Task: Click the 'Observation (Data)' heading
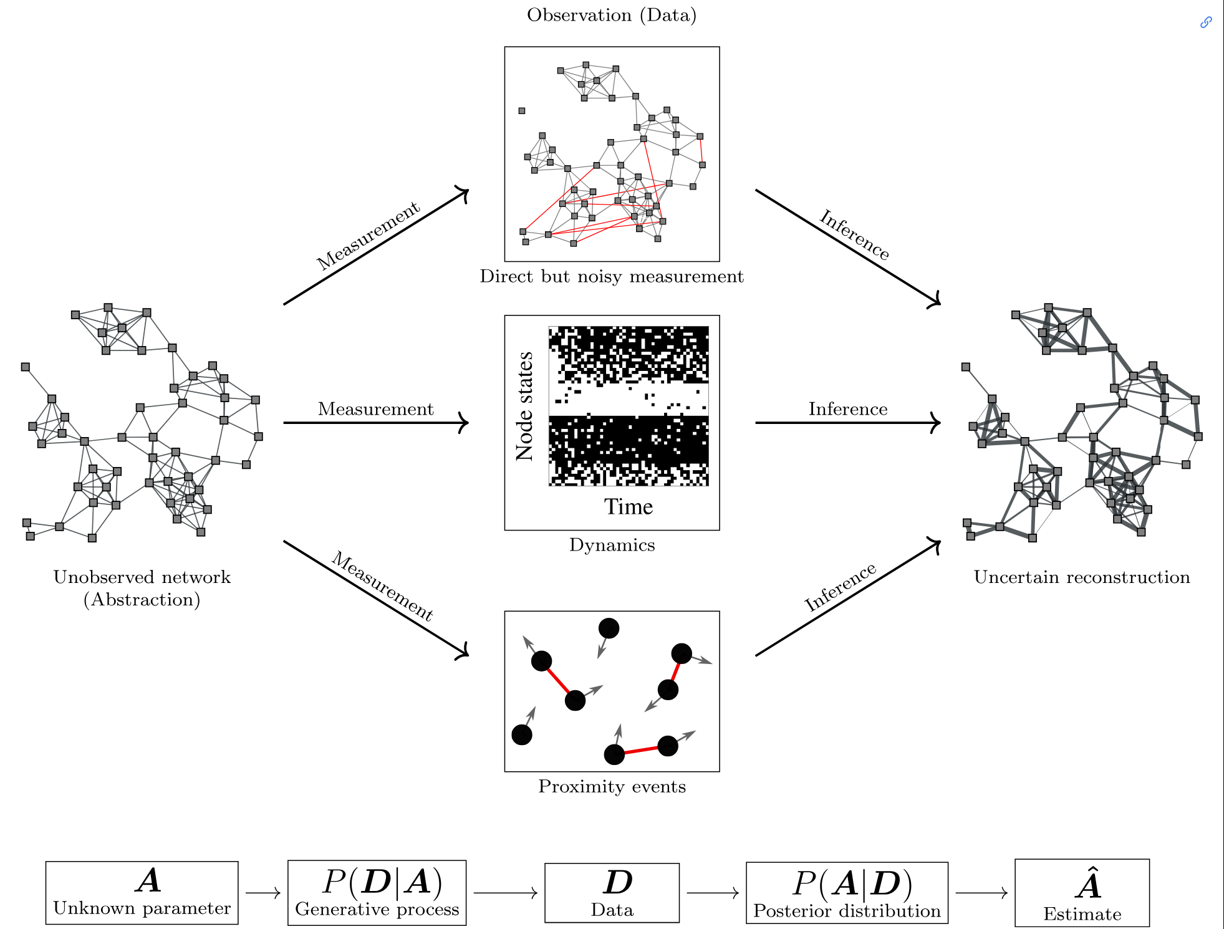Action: click(x=611, y=15)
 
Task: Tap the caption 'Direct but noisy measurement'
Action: click(x=611, y=276)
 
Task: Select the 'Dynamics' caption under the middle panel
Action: click(x=612, y=545)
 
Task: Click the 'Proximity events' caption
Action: click(x=612, y=787)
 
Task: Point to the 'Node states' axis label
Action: click(x=524, y=407)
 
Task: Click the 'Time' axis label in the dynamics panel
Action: click(x=628, y=507)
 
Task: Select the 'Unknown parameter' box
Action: click(x=142, y=892)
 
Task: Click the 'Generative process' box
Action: click(x=377, y=892)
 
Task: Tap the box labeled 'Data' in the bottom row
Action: click(x=612, y=892)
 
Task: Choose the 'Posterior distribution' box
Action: click(x=847, y=892)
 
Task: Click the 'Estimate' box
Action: click(x=1082, y=892)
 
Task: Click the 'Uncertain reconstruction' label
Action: click(x=1082, y=577)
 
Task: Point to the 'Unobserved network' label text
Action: click(x=142, y=577)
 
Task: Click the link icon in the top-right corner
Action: click(x=1206, y=22)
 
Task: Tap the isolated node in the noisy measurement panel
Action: click(x=522, y=111)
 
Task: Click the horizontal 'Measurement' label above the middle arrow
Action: click(x=375, y=409)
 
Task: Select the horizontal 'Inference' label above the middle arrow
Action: click(x=848, y=409)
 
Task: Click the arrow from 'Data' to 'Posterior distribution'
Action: click(x=713, y=893)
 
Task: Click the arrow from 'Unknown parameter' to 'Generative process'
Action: click(x=263, y=893)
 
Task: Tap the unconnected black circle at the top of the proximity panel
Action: click(x=609, y=628)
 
